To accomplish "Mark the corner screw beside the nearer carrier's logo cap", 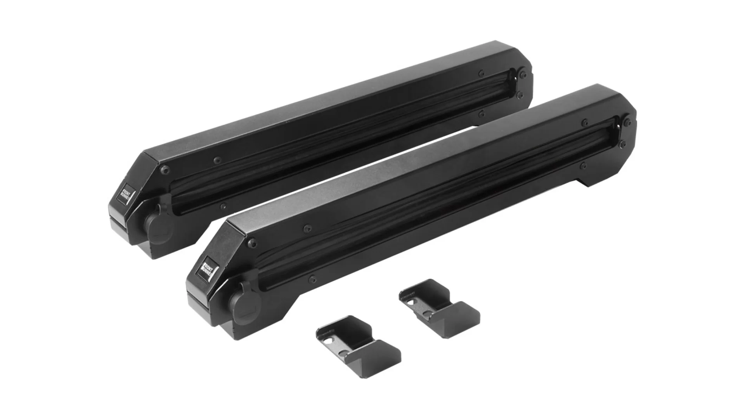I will tap(253, 242).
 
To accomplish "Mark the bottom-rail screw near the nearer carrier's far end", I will tap(583, 166).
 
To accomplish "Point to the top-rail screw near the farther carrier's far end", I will tap(482, 73).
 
